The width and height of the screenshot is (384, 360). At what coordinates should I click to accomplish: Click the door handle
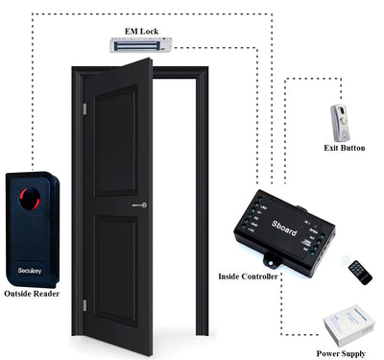[138, 205]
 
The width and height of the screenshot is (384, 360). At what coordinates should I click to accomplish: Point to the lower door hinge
[84, 304]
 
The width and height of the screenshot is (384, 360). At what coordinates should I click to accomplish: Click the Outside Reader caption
[33, 293]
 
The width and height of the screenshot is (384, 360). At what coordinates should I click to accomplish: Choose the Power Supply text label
[341, 352]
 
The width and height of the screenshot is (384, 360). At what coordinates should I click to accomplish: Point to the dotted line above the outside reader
[37, 96]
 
